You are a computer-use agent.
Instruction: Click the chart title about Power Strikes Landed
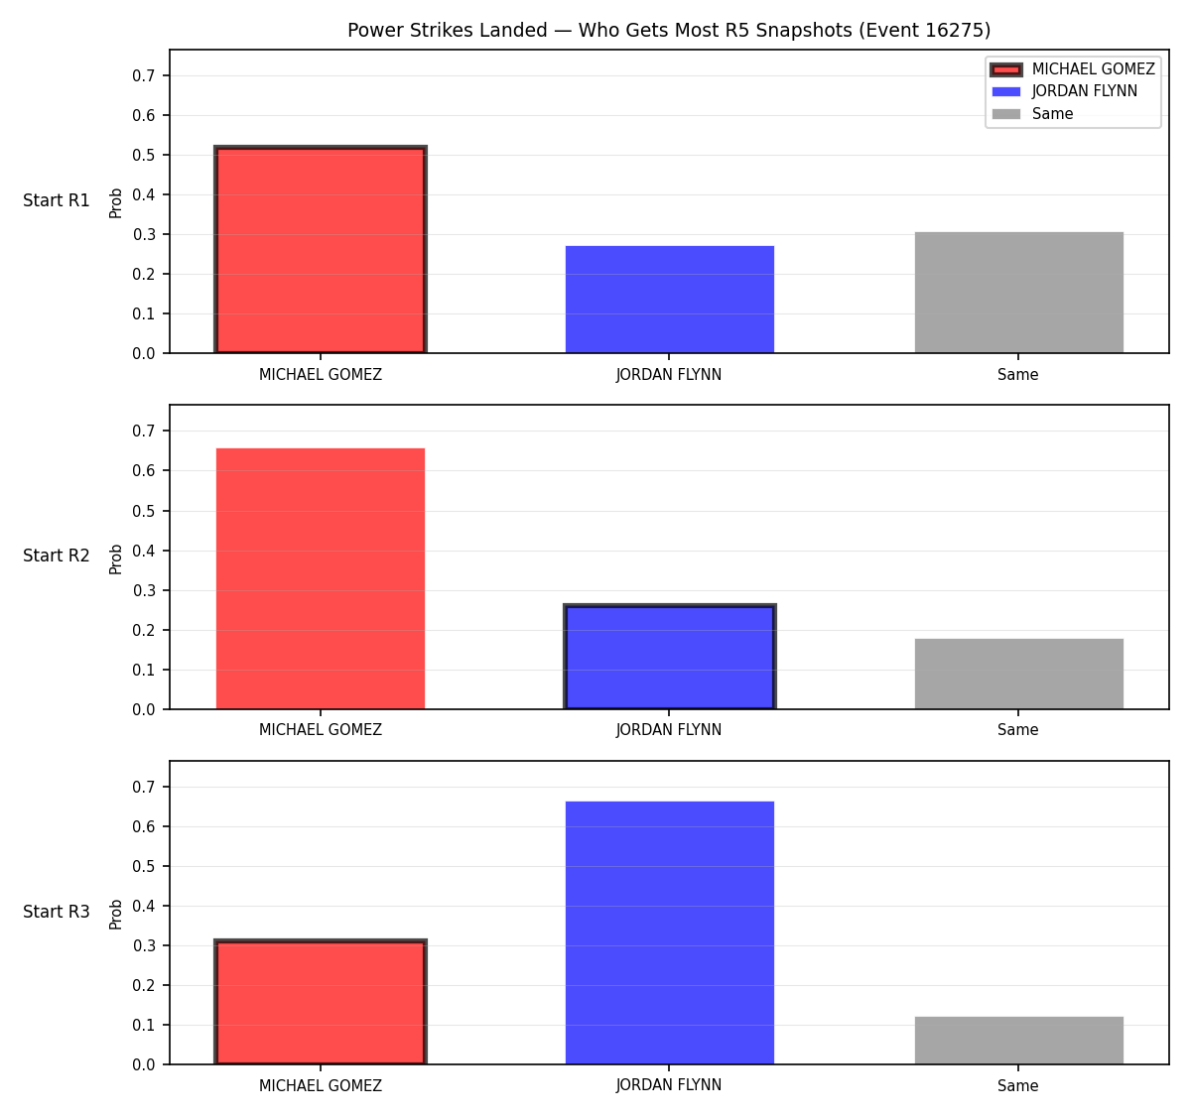(x=669, y=30)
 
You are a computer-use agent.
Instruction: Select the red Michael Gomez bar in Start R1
(x=321, y=249)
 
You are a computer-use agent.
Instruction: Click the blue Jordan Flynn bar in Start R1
(x=669, y=300)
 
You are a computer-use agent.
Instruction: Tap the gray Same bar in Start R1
(x=1019, y=293)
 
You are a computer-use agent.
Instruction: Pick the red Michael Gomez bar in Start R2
(x=321, y=578)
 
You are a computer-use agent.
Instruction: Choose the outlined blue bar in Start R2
(x=669, y=657)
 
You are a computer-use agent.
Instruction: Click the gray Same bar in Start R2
(x=1019, y=674)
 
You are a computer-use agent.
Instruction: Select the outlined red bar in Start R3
(x=321, y=1002)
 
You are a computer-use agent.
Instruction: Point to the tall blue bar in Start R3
(x=669, y=932)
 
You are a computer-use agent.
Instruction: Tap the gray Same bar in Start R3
(x=1019, y=1041)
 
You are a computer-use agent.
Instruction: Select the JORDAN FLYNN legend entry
(x=1065, y=91)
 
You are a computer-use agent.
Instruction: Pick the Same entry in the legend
(x=1032, y=114)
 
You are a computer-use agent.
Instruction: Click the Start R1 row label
(x=57, y=200)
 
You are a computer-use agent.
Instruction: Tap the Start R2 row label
(x=57, y=556)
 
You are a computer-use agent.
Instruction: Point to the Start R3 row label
(x=57, y=912)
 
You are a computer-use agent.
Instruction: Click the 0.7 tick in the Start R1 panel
(x=143, y=75)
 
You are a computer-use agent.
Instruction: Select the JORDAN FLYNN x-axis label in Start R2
(x=669, y=730)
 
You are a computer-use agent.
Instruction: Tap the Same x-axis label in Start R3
(x=1017, y=1085)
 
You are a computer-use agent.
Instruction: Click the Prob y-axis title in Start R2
(x=116, y=558)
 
